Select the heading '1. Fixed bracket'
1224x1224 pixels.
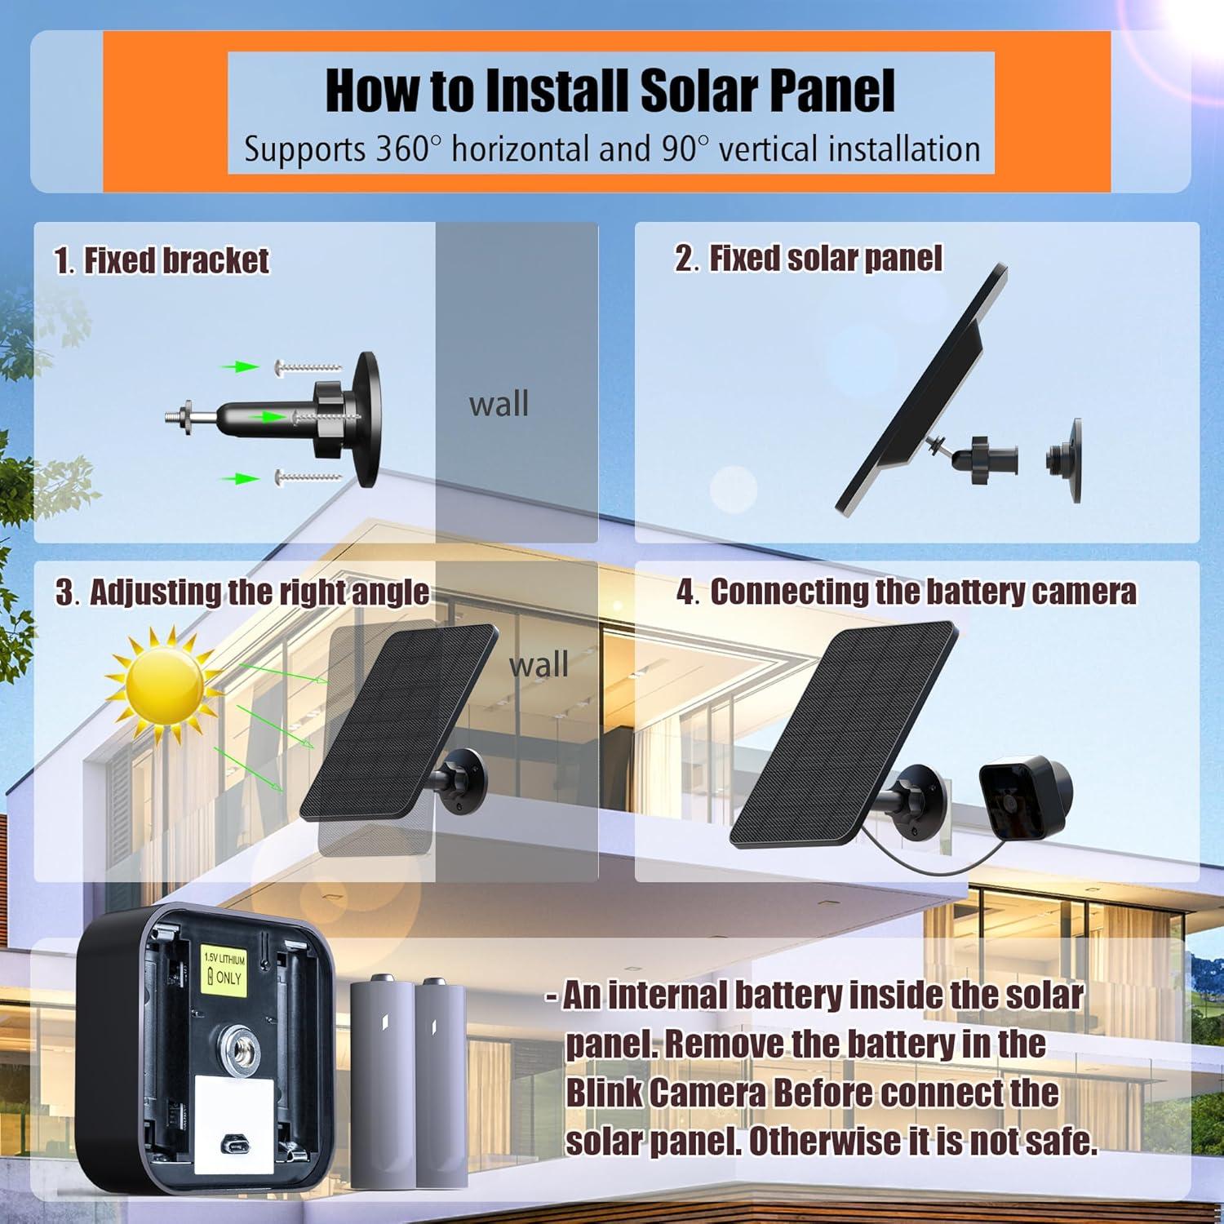[x=162, y=260]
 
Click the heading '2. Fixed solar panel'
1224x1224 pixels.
[x=808, y=258]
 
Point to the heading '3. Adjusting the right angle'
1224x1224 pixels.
[x=242, y=592]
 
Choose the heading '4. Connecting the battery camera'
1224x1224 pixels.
[x=906, y=592]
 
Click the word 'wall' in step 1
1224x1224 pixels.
[x=499, y=404]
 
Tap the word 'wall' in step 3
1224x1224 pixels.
[x=539, y=664]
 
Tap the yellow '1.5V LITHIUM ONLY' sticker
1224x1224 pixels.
[x=224, y=969]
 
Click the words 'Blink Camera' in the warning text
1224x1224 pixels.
[x=666, y=1093]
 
